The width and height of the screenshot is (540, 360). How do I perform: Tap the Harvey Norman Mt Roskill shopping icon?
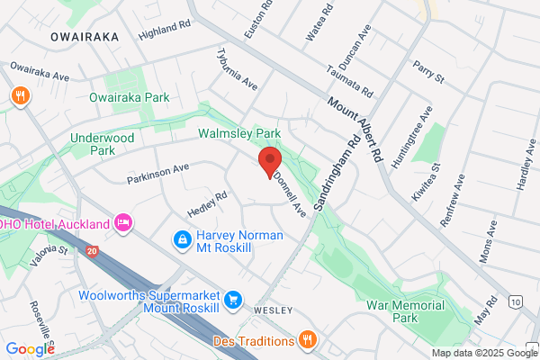click(181, 240)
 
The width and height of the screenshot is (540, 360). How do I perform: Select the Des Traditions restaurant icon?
click(308, 339)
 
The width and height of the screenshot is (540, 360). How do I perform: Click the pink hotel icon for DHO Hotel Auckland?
click(123, 221)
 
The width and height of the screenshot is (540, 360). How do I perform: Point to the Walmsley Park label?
click(239, 133)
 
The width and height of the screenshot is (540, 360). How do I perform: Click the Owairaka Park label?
click(130, 96)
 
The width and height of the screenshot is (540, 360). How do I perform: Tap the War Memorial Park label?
click(406, 311)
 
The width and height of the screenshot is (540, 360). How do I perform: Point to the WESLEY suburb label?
click(274, 310)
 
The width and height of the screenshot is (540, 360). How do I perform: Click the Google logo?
click(30, 348)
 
